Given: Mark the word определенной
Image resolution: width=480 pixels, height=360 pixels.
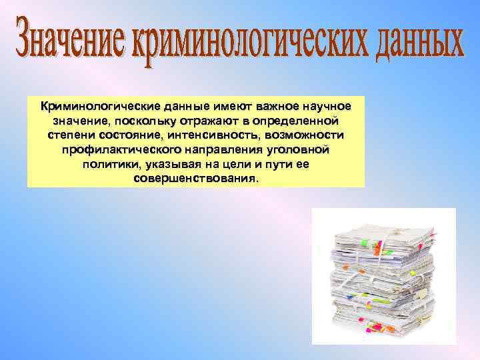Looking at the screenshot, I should (293, 121).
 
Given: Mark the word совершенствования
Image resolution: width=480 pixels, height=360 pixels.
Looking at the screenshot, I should (196, 180).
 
